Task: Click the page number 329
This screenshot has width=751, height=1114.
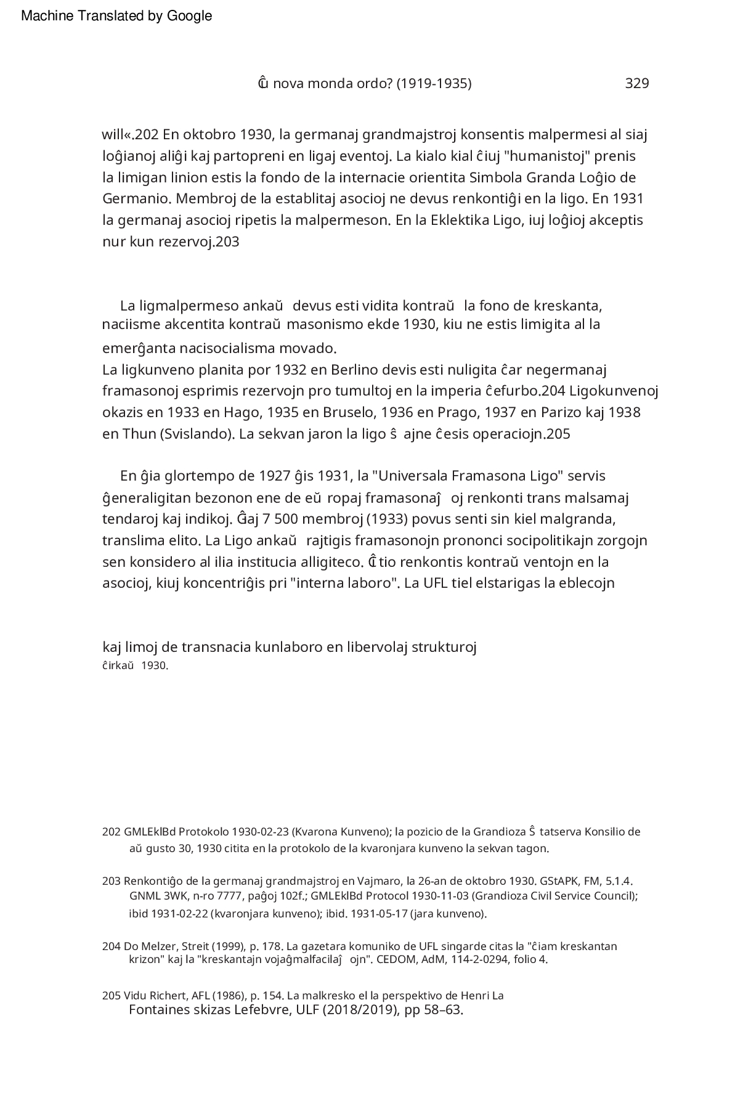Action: click(636, 83)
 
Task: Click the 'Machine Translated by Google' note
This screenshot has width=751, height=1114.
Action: click(116, 16)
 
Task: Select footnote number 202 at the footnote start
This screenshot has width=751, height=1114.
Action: click(111, 832)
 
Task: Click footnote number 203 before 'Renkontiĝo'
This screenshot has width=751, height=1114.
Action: click(111, 880)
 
